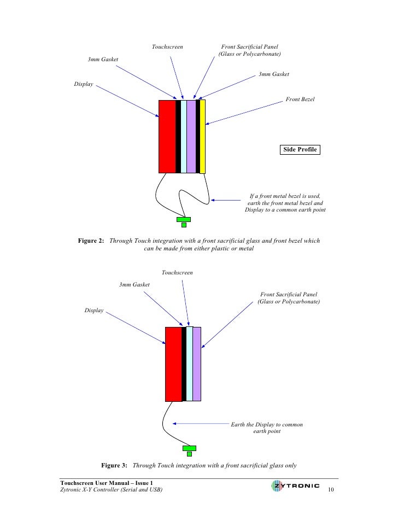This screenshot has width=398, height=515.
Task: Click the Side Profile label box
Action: (x=300, y=149)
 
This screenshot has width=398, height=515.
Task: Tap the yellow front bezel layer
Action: (x=202, y=137)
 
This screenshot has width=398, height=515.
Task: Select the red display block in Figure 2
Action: (x=167, y=137)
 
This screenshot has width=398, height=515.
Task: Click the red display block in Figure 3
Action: (x=173, y=364)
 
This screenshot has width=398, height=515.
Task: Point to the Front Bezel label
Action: (x=300, y=100)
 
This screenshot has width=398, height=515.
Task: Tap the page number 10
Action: (x=330, y=489)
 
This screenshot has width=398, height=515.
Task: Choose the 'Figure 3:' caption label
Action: (x=114, y=465)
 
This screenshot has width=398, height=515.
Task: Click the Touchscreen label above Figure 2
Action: (x=167, y=48)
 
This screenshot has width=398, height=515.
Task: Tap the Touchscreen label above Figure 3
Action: (x=177, y=272)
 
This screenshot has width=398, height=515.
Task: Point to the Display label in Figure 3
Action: (x=94, y=311)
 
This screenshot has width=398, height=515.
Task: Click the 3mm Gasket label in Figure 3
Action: (x=134, y=284)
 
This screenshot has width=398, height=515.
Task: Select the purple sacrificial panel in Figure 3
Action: (x=197, y=364)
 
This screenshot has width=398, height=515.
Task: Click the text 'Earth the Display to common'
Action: (x=267, y=424)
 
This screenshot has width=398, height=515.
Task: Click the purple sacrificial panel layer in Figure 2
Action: (x=191, y=137)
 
